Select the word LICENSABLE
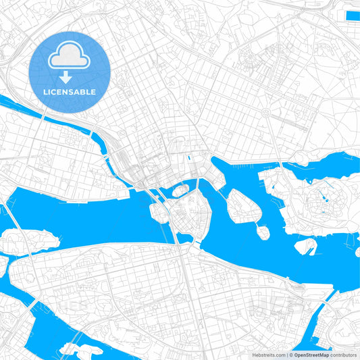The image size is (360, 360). point(69,92)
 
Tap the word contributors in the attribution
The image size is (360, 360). point(344,355)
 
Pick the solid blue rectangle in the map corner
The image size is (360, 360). point(352,15)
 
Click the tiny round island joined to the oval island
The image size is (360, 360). point(263,232)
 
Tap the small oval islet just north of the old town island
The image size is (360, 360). point(180,190)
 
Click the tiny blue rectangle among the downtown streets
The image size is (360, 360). point(190,157)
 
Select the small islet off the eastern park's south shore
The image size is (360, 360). point(305,248)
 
